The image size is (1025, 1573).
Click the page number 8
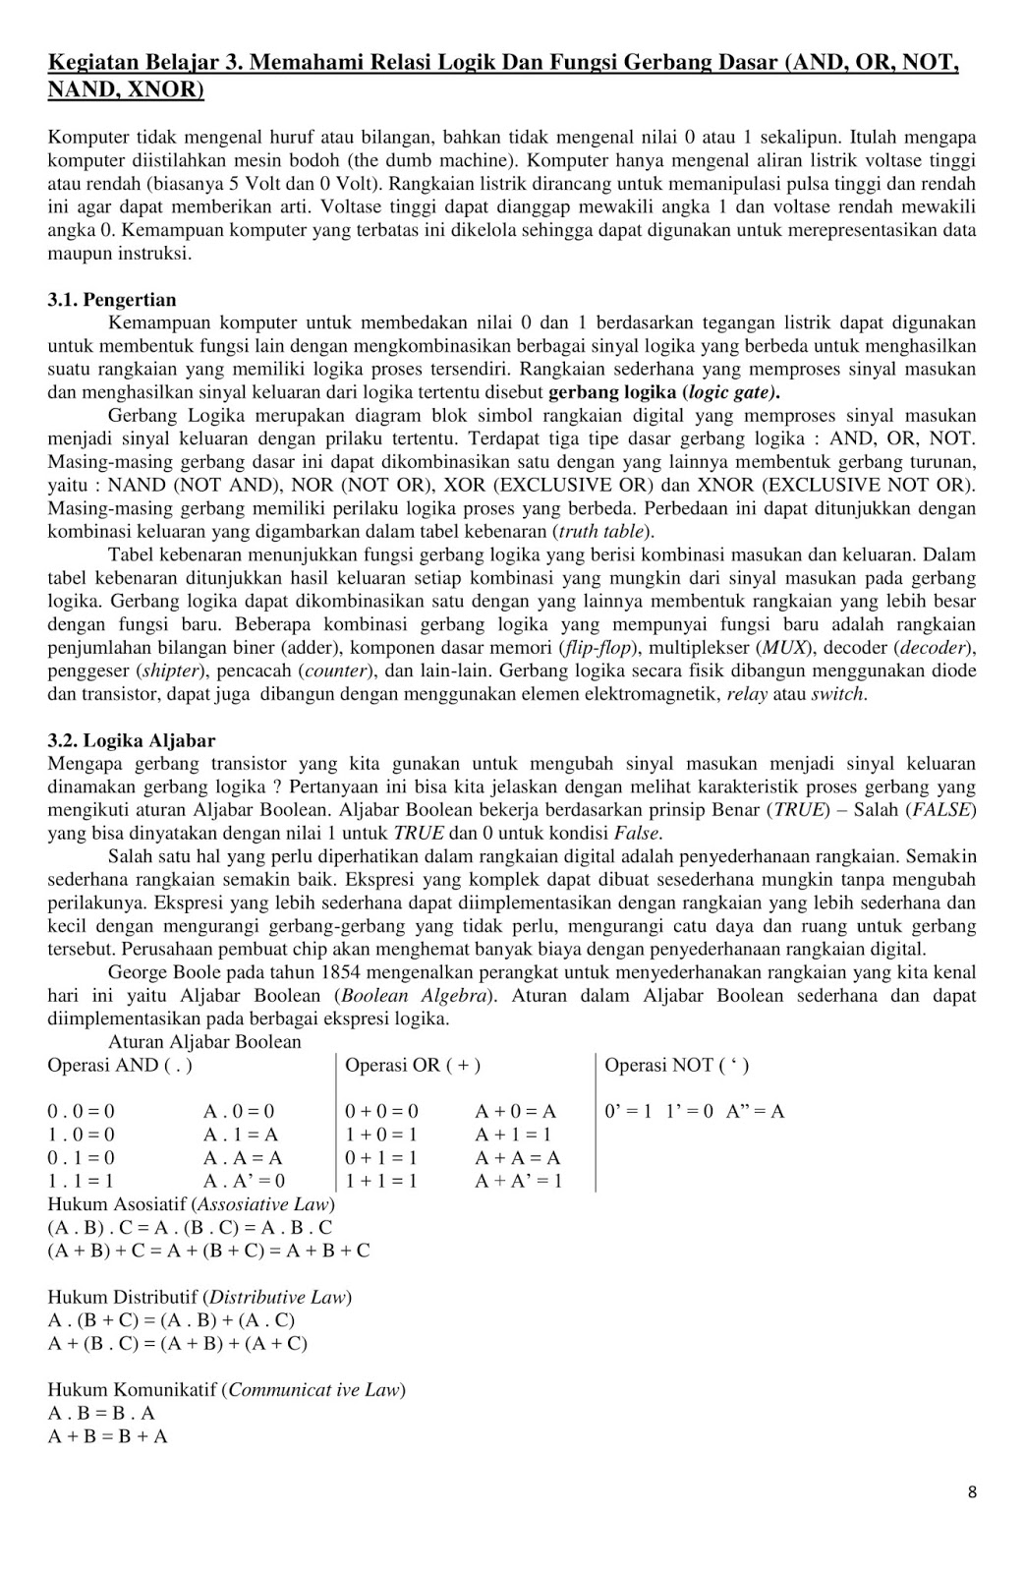[x=972, y=1492]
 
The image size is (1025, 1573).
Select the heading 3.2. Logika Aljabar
[x=132, y=740]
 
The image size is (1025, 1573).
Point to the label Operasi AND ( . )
[x=120, y=1065]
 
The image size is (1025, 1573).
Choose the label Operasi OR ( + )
[x=413, y=1065]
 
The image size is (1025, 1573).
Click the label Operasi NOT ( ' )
[x=676, y=1065]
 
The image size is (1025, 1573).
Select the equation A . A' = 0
[x=244, y=1181]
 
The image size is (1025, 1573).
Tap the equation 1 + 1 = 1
[x=381, y=1181]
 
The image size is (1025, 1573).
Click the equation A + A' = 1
[x=518, y=1181]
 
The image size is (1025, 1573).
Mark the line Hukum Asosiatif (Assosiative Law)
[x=192, y=1204]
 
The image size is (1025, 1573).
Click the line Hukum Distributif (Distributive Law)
[x=199, y=1297]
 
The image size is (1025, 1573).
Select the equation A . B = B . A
[x=101, y=1413]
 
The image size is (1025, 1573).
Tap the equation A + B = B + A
[x=107, y=1436]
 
